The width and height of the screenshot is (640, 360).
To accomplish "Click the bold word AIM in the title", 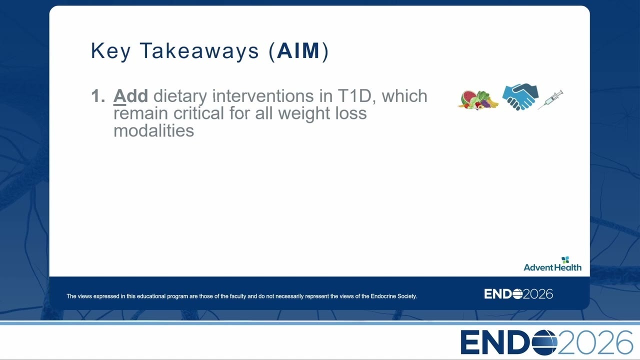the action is pyautogui.click(x=298, y=51).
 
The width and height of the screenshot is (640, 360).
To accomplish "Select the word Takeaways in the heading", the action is pyautogui.click(x=199, y=51).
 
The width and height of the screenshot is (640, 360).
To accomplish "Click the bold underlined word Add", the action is pyautogui.click(x=130, y=96).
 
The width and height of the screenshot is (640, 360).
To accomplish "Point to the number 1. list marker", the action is pyautogui.click(x=98, y=96).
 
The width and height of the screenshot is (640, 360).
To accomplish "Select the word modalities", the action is pyautogui.click(x=153, y=131).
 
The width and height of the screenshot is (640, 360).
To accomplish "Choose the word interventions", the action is pyautogui.click(x=263, y=96).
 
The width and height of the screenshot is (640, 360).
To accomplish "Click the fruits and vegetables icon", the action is pyautogui.click(x=478, y=100).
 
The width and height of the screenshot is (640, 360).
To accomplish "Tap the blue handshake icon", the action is pyautogui.click(x=520, y=97).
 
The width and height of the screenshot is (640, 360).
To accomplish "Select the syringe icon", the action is pyautogui.click(x=550, y=99).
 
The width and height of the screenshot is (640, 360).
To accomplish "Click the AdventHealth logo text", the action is pyautogui.click(x=552, y=267).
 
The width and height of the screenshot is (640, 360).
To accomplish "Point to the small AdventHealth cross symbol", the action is pyautogui.click(x=565, y=259).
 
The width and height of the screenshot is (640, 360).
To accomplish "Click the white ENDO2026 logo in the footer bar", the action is pyautogui.click(x=518, y=294).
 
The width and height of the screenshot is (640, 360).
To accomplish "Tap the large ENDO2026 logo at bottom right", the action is pyautogui.click(x=547, y=342).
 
